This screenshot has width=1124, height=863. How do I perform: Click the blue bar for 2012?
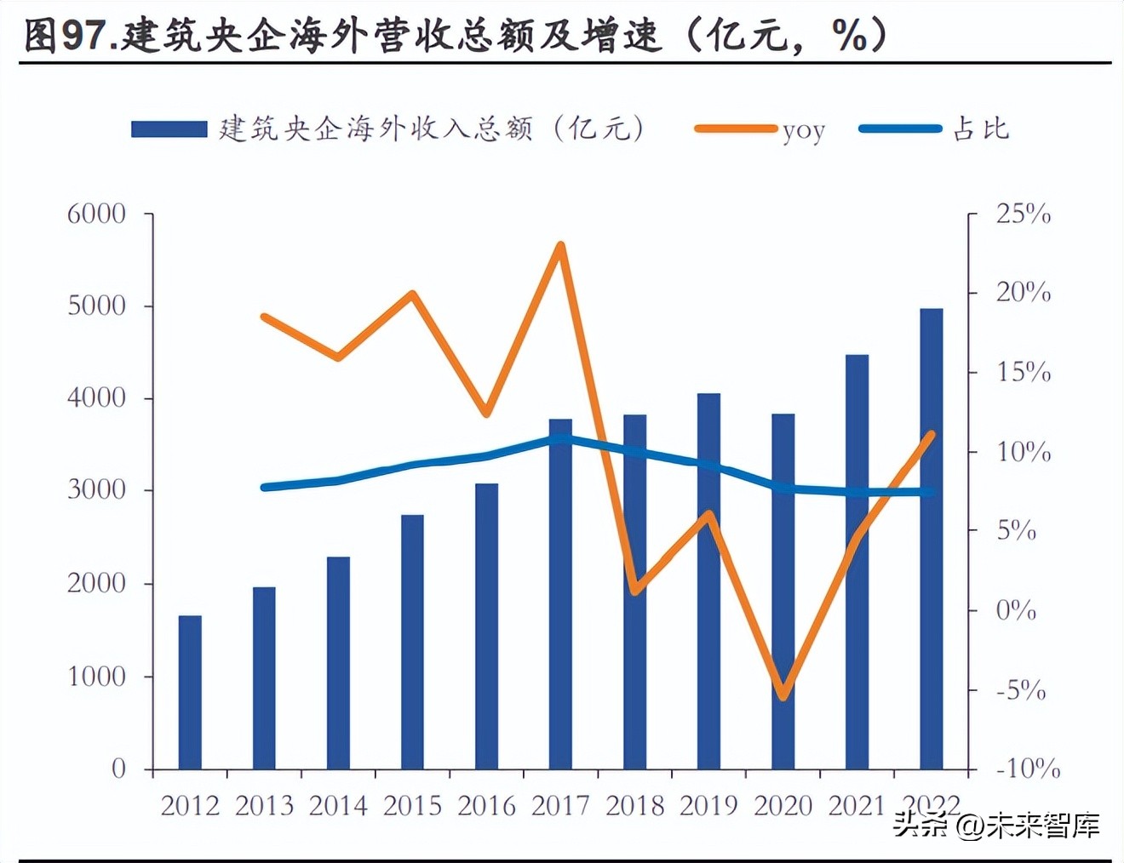190,692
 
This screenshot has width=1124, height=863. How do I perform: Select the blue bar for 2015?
412,642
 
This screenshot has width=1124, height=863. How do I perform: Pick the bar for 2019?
708,581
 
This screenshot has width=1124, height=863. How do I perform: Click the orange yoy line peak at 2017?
560,246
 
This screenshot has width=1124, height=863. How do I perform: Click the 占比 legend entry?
935,129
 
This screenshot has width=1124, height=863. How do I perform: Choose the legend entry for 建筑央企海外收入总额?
388,129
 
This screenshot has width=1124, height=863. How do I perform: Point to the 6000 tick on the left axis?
96,214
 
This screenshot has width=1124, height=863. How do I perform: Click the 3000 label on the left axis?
96,490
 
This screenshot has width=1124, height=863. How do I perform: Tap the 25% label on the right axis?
1024,214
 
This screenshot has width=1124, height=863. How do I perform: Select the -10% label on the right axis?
1028,769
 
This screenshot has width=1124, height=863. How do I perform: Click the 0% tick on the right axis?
1016,610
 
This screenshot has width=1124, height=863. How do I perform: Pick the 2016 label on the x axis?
486,805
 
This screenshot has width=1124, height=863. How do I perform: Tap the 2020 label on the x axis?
783,805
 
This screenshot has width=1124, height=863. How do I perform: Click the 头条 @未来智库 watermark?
996,825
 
